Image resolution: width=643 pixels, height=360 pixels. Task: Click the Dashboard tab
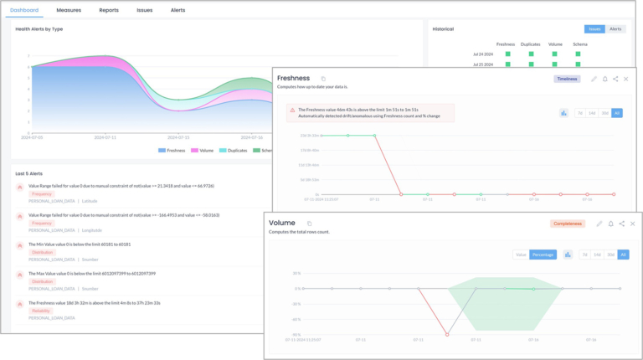pos(24,10)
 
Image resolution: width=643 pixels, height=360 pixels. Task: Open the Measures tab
pos(69,10)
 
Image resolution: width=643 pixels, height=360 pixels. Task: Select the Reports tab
pos(109,10)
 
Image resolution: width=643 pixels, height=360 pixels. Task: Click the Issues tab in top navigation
pos(144,10)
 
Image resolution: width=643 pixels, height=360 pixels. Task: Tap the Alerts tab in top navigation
pos(178,10)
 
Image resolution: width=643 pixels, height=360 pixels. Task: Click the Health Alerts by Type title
pos(39,28)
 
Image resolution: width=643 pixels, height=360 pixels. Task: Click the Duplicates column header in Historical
pos(530,44)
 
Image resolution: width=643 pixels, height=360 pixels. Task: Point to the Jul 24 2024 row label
pos(484,54)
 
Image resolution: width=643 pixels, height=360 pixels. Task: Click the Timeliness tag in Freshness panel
pos(567,79)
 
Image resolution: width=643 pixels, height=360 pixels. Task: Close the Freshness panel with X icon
pos(626,79)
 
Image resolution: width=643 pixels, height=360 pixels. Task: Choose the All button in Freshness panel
pos(616,113)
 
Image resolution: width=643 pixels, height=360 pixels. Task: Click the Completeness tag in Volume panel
pos(567,224)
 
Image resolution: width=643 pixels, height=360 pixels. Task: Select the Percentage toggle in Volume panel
pos(543,255)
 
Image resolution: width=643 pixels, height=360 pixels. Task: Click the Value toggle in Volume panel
pos(520,255)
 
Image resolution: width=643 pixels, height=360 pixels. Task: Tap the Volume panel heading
pos(282,223)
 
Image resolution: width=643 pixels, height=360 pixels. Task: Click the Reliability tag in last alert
pos(42,311)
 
